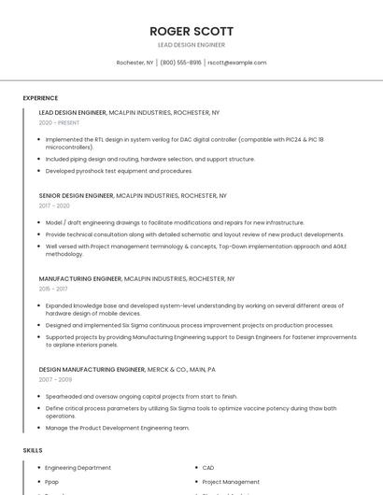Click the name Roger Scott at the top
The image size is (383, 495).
pyautogui.click(x=191, y=31)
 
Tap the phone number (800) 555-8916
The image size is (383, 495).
pyautogui.click(x=180, y=63)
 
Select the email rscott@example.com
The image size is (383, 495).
pyautogui.click(x=236, y=63)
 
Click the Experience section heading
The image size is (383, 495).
pyautogui.click(x=40, y=98)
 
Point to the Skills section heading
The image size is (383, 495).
pyautogui.click(x=33, y=450)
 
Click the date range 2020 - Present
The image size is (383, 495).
pyautogui.click(x=59, y=122)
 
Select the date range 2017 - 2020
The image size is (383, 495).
pyautogui.click(x=54, y=205)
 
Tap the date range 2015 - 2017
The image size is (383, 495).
pyautogui.click(x=53, y=290)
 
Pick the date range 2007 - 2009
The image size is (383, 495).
pyautogui.click(x=54, y=379)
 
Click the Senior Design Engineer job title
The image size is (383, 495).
pyautogui.click(x=76, y=196)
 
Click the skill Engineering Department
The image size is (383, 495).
pyautogui.click(x=78, y=468)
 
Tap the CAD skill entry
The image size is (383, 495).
pyautogui.click(x=208, y=468)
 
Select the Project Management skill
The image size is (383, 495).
pyautogui.click(x=231, y=482)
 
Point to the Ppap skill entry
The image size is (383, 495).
pyautogui.click(x=52, y=482)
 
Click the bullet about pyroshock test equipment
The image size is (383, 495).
pyautogui.click(x=119, y=171)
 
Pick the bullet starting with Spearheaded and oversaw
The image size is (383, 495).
pyautogui.click(x=141, y=396)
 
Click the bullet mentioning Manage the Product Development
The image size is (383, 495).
pyautogui.click(x=117, y=428)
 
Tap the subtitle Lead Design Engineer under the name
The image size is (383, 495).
pyautogui.click(x=191, y=45)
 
